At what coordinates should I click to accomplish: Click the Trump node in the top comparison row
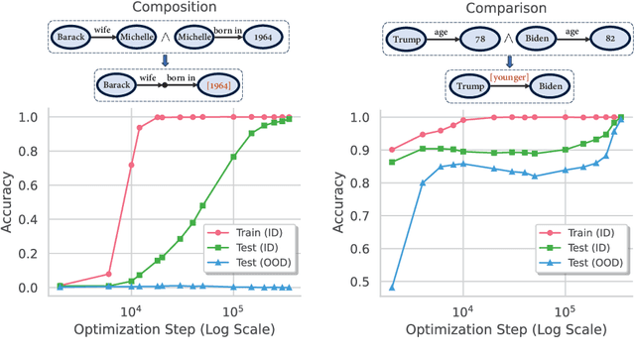click(x=404, y=40)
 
